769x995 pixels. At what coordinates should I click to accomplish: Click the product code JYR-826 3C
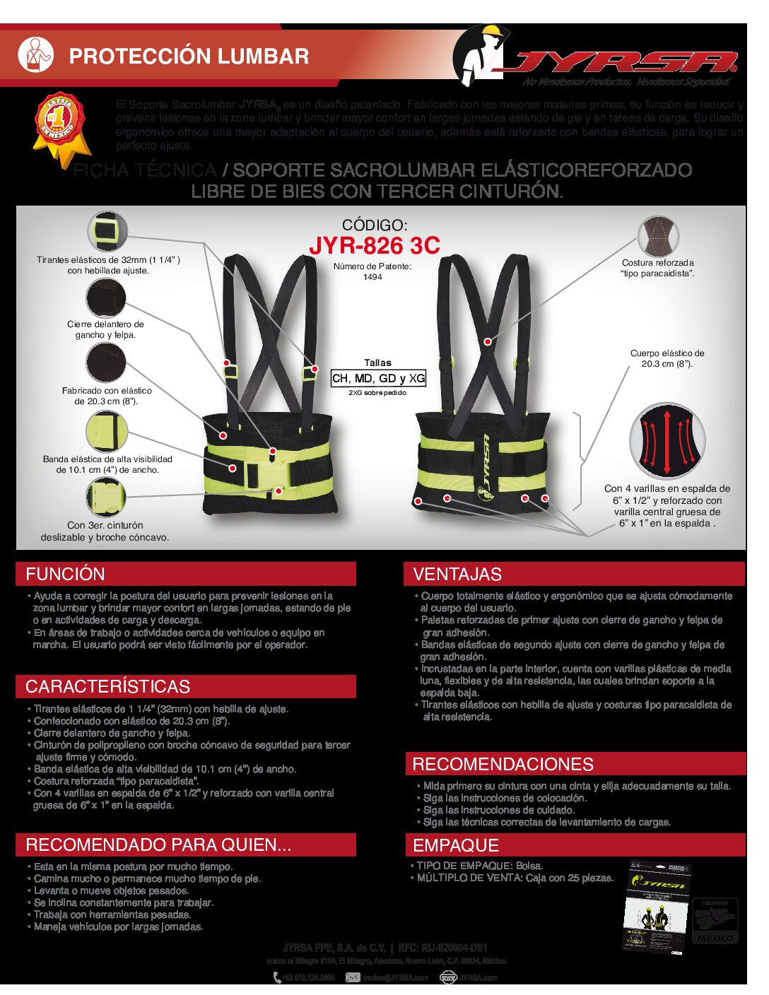[375, 246]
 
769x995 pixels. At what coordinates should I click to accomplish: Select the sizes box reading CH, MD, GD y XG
[378, 379]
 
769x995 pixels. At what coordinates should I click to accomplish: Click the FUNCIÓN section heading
[65, 574]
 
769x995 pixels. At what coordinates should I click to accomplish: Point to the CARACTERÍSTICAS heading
[107, 686]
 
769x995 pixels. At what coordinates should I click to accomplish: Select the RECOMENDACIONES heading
[503, 764]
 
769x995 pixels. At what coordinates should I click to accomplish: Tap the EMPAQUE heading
[456, 845]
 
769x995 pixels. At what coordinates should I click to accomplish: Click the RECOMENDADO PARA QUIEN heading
[158, 844]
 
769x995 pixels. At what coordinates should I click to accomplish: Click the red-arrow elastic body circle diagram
[667, 441]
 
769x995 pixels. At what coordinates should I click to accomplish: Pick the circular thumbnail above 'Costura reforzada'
[657, 236]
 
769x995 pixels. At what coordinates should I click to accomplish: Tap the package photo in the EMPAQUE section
[657, 907]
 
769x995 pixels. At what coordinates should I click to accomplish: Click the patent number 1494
[372, 277]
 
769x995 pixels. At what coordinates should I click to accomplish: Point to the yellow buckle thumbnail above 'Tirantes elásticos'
[107, 232]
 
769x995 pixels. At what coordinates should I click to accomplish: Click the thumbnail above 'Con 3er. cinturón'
[105, 497]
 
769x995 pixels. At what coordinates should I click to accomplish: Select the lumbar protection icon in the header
[35, 54]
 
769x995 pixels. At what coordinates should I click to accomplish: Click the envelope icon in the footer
[353, 977]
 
